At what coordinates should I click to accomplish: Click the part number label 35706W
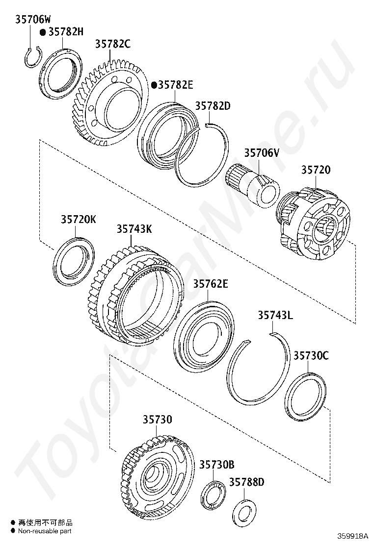(x=33, y=20)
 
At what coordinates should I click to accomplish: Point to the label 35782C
(x=113, y=44)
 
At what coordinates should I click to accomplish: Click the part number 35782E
(x=176, y=85)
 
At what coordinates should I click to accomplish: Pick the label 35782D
(x=213, y=106)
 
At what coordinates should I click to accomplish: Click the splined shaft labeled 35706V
(x=253, y=185)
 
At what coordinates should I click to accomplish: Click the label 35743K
(x=134, y=229)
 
